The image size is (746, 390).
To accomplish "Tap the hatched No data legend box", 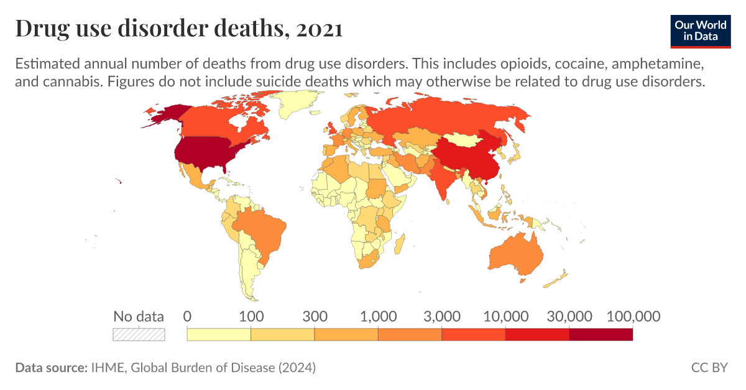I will point(139,334).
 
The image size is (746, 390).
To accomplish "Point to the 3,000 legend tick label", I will point(441,316).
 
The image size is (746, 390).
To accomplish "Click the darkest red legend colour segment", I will point(601,334).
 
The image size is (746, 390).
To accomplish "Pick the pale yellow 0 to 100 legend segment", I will point(219,334).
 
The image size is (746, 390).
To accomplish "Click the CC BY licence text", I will point(709,368).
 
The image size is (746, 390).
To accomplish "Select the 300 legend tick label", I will point(315,316).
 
